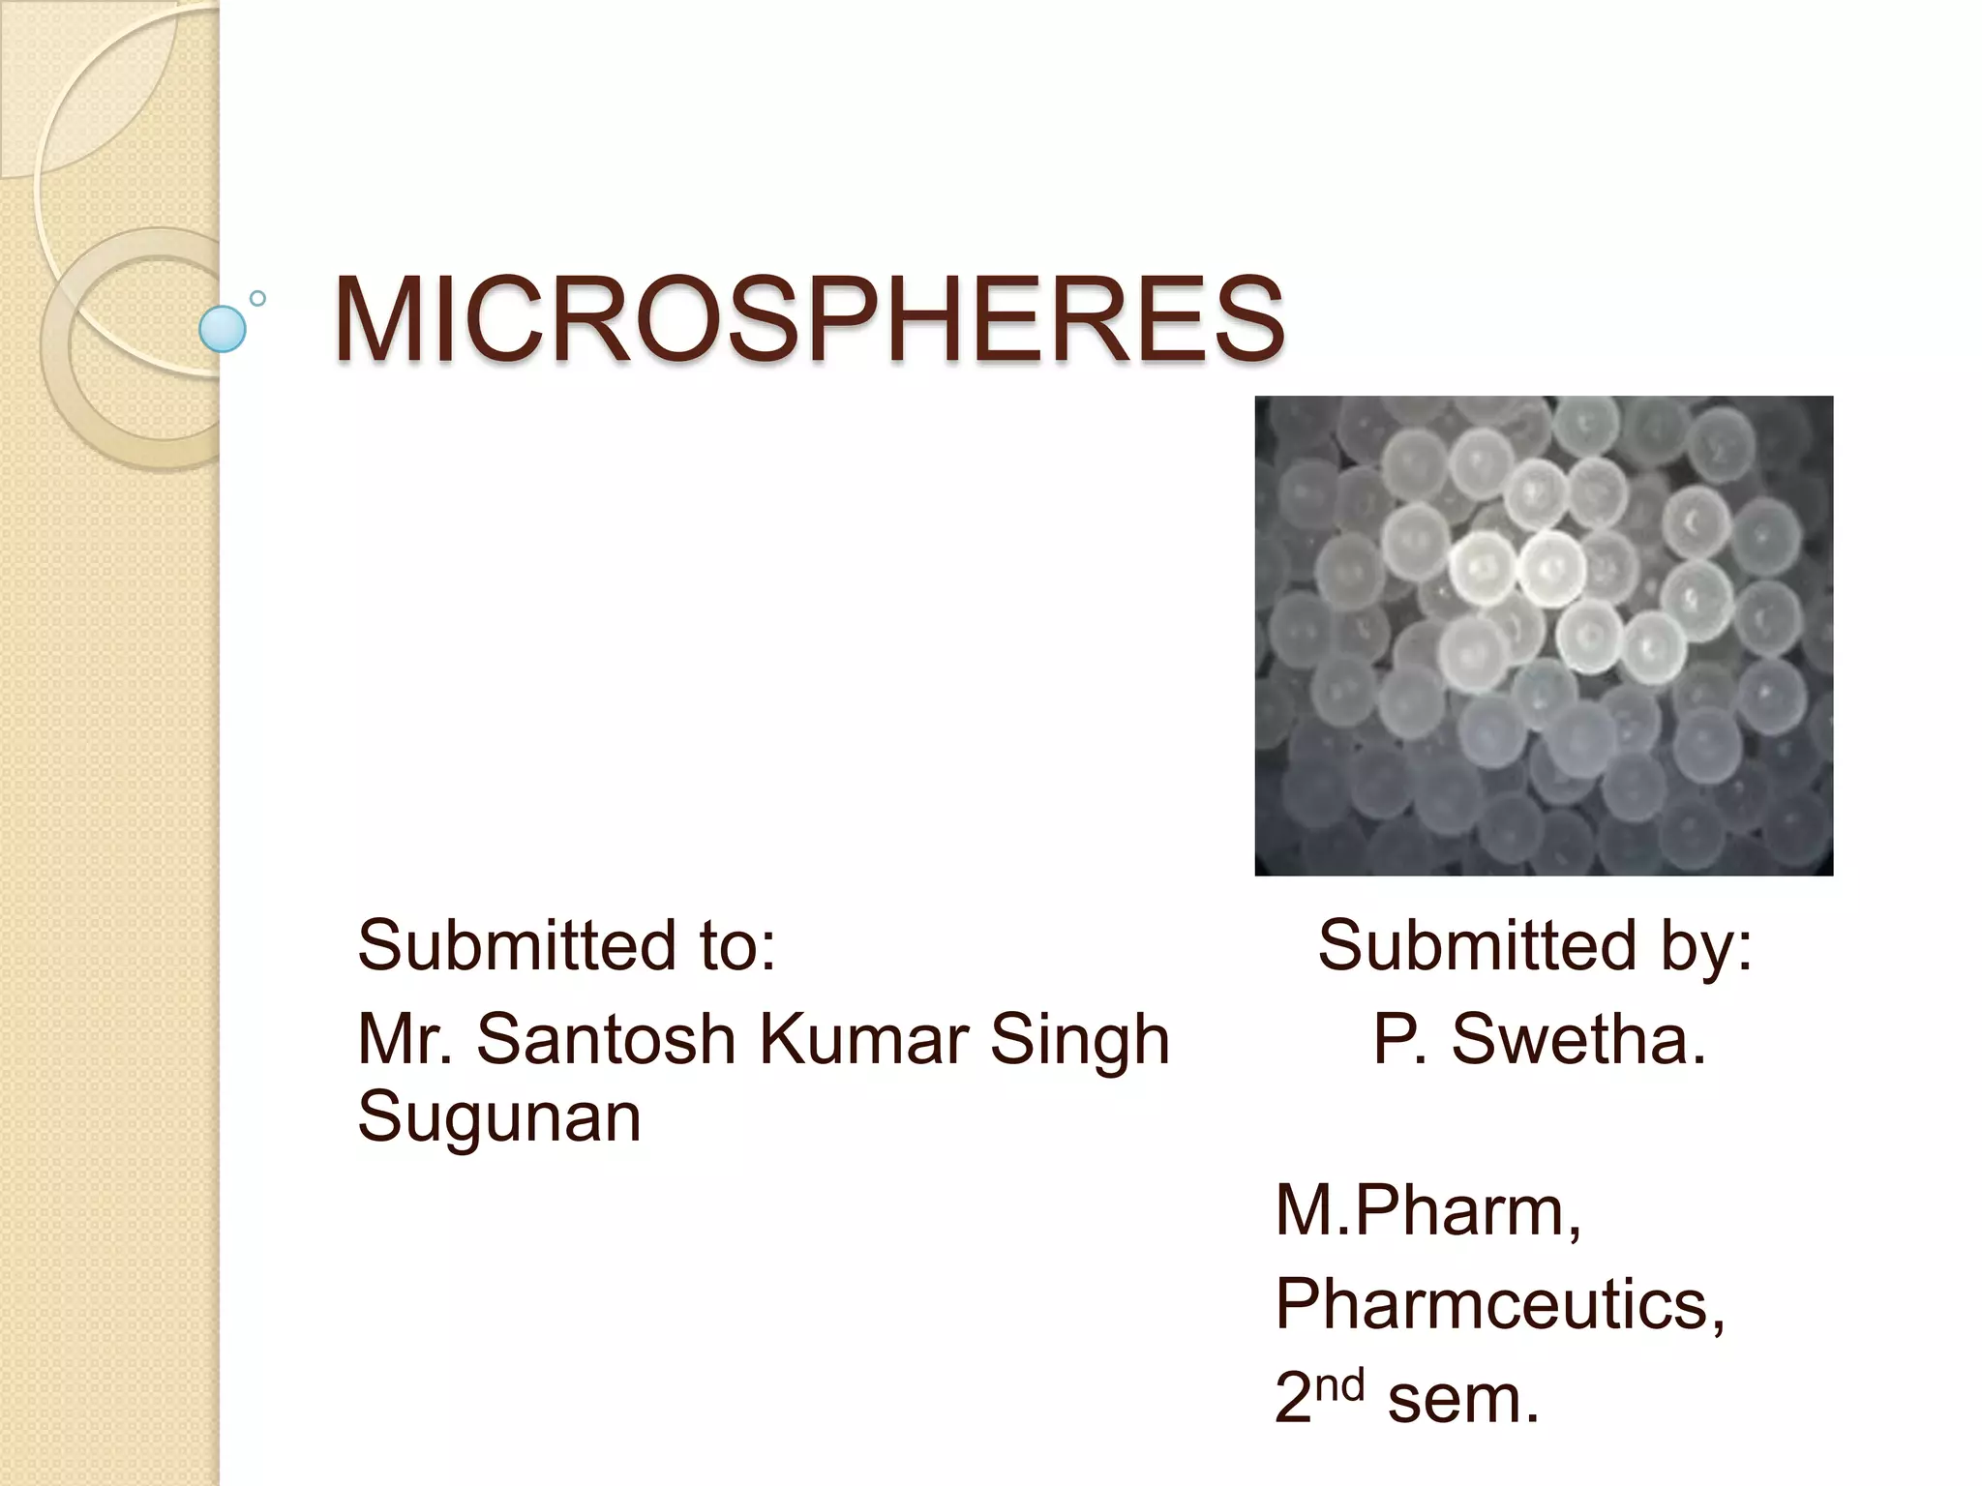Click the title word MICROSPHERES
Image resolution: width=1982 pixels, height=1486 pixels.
[809, 319]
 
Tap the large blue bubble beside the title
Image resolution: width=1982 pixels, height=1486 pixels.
[222, 329]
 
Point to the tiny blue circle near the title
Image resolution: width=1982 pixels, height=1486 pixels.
[257, 299]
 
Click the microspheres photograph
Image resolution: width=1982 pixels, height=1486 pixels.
[1544, 636]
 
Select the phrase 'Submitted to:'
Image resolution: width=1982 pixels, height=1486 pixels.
[566, 945]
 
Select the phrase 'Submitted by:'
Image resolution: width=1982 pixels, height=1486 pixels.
[1535, 945]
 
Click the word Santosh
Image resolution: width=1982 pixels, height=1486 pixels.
[606, 1040]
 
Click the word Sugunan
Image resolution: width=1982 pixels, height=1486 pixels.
[499, 1118]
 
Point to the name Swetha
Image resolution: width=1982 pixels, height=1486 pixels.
[1577, 1040]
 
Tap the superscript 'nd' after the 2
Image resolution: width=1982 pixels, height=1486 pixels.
[1340, 1383]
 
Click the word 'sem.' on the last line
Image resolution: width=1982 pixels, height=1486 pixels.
[1463, 1399]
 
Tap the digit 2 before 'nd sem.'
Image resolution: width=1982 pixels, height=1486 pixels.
[1294, 1399]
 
